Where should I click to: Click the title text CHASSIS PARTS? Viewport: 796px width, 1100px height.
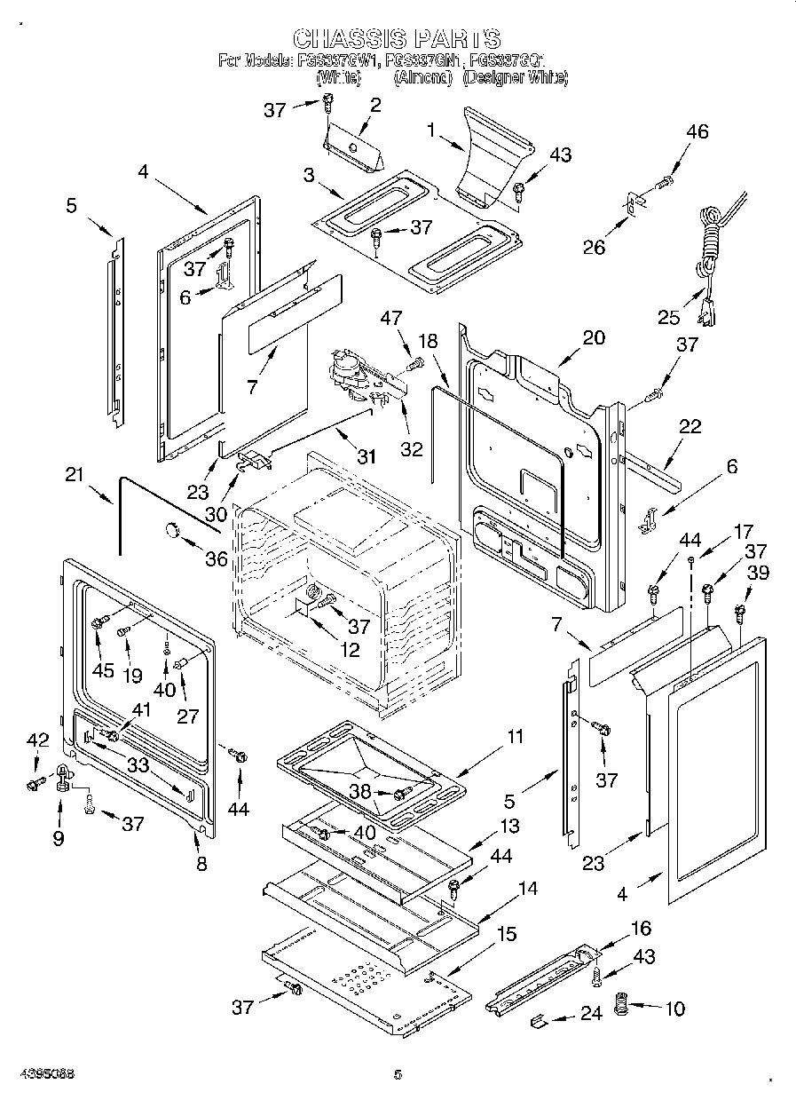pos(397,38)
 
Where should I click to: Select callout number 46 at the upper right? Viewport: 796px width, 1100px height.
pos(697,131)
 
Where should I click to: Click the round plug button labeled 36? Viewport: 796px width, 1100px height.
pos(169,531)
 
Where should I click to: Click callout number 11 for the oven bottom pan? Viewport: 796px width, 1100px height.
pos(515,736)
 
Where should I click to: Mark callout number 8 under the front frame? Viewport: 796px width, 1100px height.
pos(201,863)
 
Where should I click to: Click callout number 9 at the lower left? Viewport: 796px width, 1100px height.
pos(59,837)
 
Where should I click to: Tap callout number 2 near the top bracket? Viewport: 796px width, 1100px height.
pos(374,105)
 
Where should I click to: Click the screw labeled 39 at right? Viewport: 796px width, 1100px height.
pos(740,611)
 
